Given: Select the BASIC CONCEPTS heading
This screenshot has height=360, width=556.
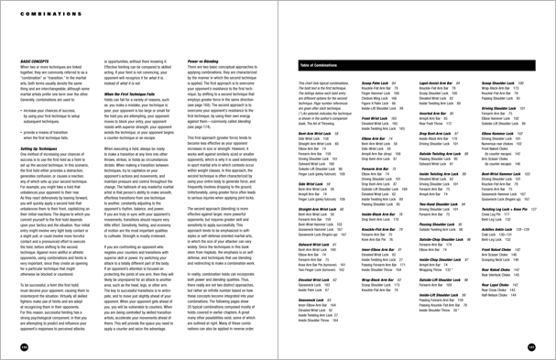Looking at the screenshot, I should [x=32, y=42].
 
